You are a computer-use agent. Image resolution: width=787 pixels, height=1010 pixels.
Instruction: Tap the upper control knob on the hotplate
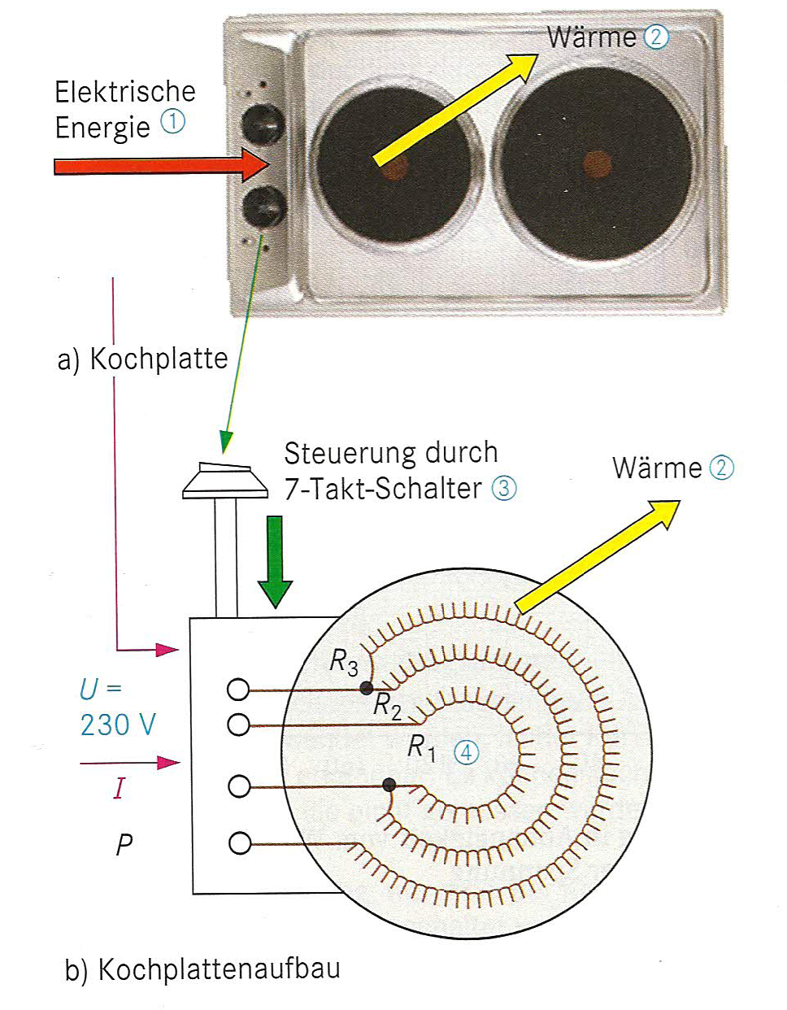pyautogui.click(x=263, y=124)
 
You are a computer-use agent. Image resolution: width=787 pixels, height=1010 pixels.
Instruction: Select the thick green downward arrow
pyautogui.click(x=275, y=561)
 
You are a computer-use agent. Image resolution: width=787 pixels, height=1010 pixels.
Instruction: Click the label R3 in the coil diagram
pyautogui.click(x=343, y=663)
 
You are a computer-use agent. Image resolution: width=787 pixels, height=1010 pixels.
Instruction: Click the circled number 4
pyautogui.click(x=466, y=752)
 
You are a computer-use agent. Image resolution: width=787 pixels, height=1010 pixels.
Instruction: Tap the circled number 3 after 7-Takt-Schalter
pyautogui.click(x=504, y=488)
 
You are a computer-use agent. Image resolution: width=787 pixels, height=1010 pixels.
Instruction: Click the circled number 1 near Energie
pyautogui.click(x=172, y=122)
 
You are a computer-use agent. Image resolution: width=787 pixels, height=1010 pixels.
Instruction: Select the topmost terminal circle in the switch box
pyautogui.click(x=238, y=690)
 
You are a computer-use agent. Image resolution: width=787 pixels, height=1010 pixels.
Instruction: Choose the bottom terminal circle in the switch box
pyautogui.click(x=240, y=843)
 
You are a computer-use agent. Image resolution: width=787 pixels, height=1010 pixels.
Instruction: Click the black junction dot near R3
pyautogui.click(x=367, y=688)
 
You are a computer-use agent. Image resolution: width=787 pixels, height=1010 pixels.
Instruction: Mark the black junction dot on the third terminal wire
pyautogui.click(x=389, y=785)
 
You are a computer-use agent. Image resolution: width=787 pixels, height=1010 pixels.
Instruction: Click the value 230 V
pyautogui.click(x=118, y=724)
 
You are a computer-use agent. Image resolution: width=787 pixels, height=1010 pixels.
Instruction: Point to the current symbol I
pyautogui.click(x=120, y=787)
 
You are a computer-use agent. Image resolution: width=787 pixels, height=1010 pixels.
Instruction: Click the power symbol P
pyautogui.click(x=124, y=845)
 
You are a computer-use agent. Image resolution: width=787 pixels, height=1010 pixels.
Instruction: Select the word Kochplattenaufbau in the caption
pyautogui.click(x=219, y=969)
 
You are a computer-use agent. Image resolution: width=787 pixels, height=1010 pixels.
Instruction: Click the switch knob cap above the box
pyautogui.click(x=225, y=480)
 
